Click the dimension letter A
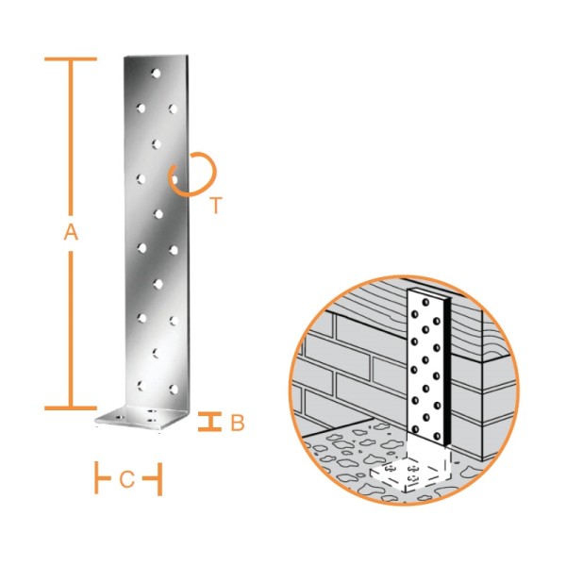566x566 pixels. (71, 232)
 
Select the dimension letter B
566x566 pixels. (238, 423)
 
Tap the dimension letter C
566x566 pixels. (126, 479)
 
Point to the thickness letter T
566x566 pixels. (216, 206)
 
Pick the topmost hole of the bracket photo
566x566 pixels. (156, 74)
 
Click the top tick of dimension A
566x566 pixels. (71, 58)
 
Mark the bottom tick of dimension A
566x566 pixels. (71, 408)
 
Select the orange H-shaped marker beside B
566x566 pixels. (209, 422)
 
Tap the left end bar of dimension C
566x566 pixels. (97, 477)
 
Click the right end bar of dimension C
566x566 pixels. (160, 479)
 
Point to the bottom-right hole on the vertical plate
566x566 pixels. (174, 389)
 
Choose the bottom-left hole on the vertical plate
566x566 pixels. (141, 386)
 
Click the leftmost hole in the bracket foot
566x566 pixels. (120, 418)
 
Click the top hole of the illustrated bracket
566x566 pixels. (426, 302)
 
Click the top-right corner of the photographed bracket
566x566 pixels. (188, 55)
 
